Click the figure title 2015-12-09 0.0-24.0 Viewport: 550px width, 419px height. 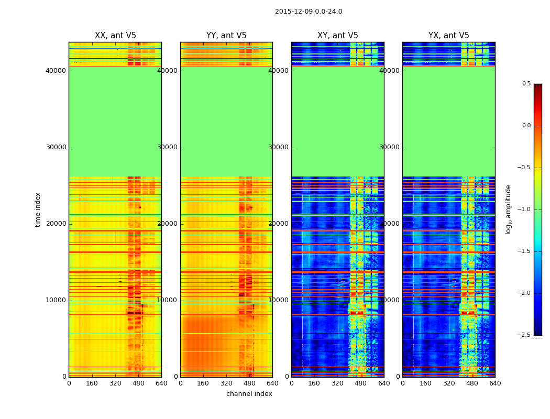(309, 12)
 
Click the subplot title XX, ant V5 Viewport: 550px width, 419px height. (115, 36)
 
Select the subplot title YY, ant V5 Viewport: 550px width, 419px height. (226, 36)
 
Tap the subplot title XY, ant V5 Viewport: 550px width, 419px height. (338, 36)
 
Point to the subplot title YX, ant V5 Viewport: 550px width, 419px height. (449, 36)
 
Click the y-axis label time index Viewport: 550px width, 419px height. (38, 210)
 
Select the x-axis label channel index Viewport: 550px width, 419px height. (249, 394)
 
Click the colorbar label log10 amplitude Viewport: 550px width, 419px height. (508, 210)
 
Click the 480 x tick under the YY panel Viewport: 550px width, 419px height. (249, 383)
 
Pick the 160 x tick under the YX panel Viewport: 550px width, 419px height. (426, 383)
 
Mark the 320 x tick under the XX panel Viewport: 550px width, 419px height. (115, 383)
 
